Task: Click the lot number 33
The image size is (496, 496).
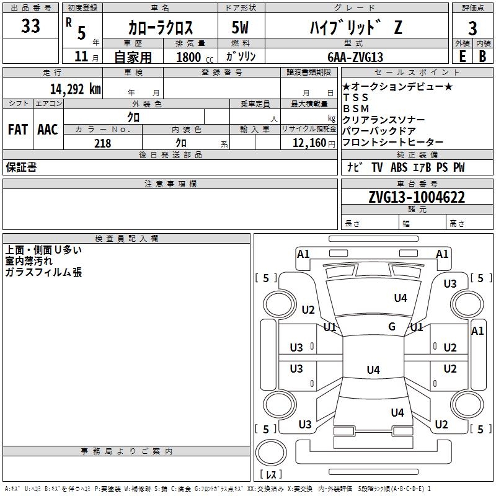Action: coord(30,25)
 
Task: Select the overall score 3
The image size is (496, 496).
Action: coord(472,29)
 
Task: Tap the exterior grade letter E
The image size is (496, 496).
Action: coord(462,56)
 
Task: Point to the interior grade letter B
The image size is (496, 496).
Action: coord(482,56)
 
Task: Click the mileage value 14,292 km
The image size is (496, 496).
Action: coord(76,89)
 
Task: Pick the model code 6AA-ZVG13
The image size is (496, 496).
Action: coord(355,57)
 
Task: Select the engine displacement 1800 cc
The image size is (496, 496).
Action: coord(195,57)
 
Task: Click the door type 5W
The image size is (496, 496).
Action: coord(240,27)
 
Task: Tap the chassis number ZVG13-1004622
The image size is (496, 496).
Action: coord(417,197)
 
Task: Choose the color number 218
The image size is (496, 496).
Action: coord(103,143)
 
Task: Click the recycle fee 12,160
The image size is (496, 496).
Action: coord(309,143)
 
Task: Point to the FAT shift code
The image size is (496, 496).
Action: coord(18,130)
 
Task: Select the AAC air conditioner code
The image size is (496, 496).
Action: coord(48,130)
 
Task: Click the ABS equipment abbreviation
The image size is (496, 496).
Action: coord(399,167)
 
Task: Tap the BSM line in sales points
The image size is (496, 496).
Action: coord(356,108)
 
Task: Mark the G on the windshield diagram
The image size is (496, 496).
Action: coord(392,326)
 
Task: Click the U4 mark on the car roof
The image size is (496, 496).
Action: coord(373,370)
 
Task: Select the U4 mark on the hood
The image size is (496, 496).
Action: coord(401,298)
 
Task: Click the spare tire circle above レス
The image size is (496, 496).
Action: coord(271,453)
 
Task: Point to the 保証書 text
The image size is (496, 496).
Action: coord(21,167)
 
